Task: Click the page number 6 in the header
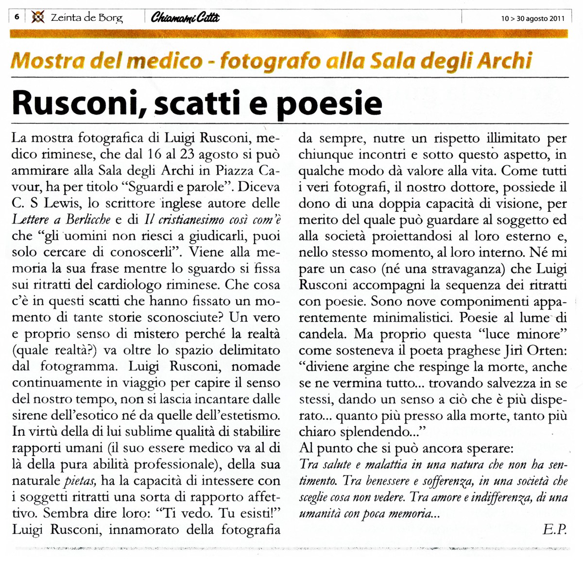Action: tap(17, 17)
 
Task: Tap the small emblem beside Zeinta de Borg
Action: tap(37, 17)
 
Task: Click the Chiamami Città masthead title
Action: tap(185, 18)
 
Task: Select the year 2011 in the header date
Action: tap(557, 19)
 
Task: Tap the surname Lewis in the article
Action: tap(64, 204)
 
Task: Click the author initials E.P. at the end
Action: tap(555, 529)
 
